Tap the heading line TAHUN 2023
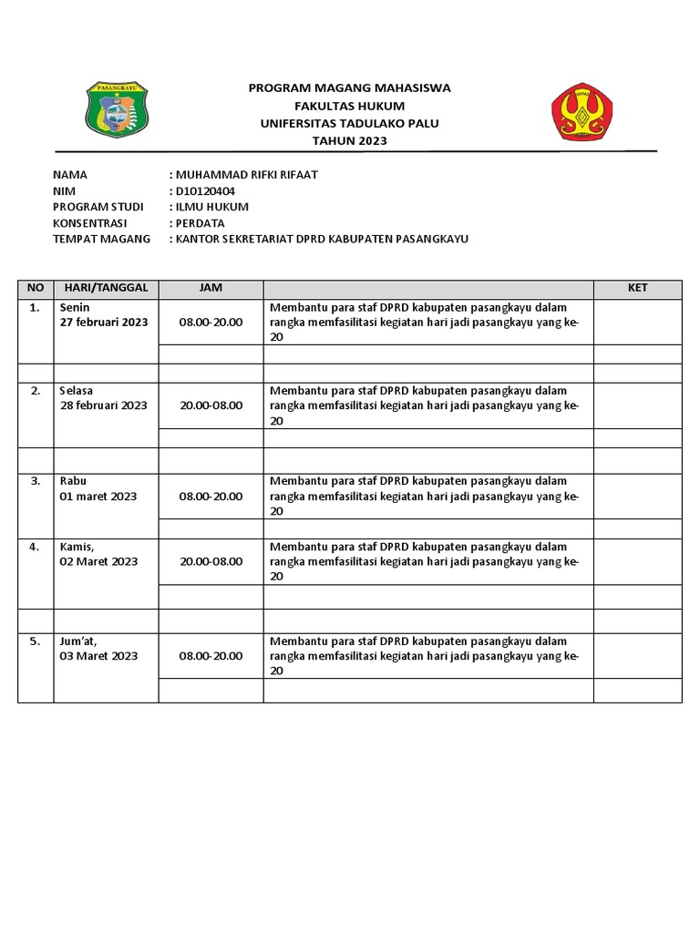(350, 140)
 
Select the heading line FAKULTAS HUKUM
(350, 106)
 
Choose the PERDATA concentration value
(200, 222)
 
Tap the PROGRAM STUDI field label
(98, 207)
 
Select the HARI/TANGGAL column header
(106, 288)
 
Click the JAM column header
(211, 288)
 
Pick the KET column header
(637, 288)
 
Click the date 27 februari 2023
(104, 323)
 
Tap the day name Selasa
(77, 390)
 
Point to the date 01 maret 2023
(98, 496)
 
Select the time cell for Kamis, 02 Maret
(211, 561)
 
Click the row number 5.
(35, 641)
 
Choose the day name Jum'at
(78, 641)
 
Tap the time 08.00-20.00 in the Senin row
(211, 323)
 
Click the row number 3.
(35, 480)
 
